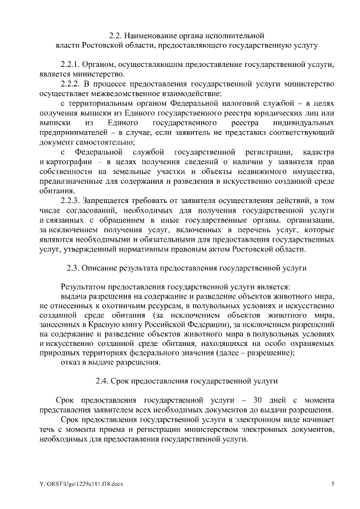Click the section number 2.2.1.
(70, 65)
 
